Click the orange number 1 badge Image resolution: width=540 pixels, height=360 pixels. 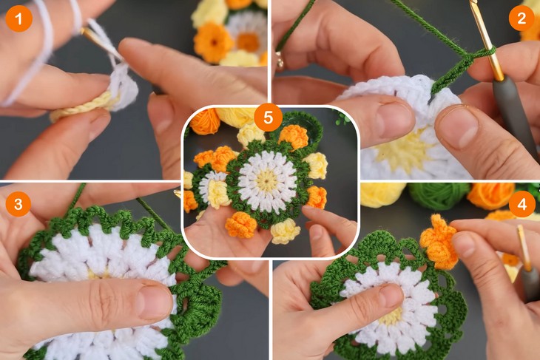click(18, 18)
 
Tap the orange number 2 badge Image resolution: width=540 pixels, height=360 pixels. click(522, 18)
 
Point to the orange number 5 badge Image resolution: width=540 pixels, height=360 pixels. click(268, 118)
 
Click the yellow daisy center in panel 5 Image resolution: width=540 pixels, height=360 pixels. click(267, 180)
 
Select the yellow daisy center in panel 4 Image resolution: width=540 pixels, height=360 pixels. click(391, 314)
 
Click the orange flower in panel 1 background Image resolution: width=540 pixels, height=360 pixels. click(214, 41)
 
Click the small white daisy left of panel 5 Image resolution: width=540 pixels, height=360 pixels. click(210, 185)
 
